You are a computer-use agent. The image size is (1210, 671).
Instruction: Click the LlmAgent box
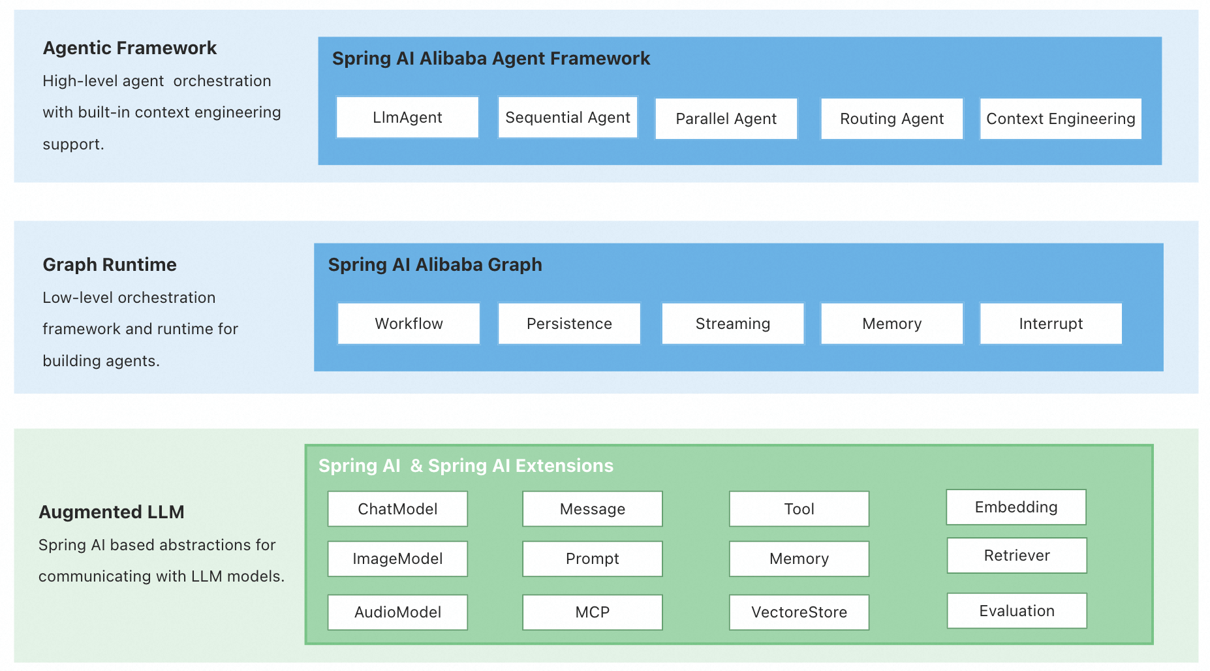407,117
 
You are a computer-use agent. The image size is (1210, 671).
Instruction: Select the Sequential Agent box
567,117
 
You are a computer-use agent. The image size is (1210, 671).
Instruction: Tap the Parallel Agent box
726,119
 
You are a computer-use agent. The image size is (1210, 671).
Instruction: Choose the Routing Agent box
892,119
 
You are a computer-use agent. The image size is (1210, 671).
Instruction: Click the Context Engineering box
1060,119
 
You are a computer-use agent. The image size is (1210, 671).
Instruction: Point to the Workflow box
409,324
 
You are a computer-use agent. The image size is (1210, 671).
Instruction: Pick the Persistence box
569,324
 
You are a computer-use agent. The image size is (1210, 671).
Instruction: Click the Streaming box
732,324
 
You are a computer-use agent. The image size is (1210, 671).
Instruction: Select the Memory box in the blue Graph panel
892,324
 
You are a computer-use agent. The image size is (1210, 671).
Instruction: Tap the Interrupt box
1051,324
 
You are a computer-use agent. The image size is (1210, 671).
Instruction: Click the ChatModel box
397,509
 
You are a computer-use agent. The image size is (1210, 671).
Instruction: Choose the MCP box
592,612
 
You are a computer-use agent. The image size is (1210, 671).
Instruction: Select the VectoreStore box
799,612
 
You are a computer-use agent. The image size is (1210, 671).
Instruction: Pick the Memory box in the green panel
799,559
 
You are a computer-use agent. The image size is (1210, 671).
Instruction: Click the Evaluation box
1016,611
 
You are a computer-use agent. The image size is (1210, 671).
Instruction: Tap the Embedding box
1016,507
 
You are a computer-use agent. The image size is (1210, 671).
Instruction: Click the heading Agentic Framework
129,48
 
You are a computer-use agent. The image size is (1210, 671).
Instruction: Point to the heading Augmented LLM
112,512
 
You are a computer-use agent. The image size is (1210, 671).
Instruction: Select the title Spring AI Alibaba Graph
435,265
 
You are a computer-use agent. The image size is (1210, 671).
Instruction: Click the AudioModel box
397,612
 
